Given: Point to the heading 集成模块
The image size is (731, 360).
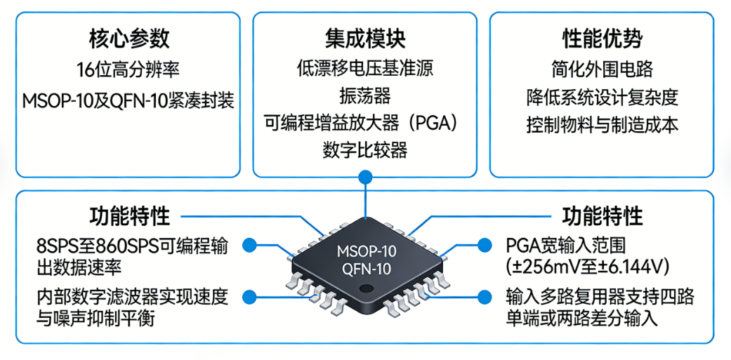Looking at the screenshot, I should [365, 38].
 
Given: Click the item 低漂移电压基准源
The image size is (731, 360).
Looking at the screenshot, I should [365, 68].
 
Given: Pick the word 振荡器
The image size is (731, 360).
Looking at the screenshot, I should [365, 95].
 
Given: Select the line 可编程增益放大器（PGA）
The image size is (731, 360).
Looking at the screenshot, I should [365, 123].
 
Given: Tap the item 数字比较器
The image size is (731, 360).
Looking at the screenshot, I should [365, 150].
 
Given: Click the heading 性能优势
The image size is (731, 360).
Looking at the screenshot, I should [602, 38].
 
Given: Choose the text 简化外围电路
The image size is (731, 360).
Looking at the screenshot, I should [602, 69].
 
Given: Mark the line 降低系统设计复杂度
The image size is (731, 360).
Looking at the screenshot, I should [602, 97].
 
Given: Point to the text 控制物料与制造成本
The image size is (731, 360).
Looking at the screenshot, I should [602, 125].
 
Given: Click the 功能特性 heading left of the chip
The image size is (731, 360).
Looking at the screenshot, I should [129, 215].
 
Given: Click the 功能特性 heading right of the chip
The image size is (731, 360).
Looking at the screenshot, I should [602, 215].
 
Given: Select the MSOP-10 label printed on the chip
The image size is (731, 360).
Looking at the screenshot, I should [365, 251].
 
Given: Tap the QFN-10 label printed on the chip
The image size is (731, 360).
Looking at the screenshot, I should [365, 269].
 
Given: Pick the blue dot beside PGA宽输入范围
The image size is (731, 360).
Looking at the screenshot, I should [484, 245].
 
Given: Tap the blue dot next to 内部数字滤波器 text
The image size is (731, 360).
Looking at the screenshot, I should [247, 297].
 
